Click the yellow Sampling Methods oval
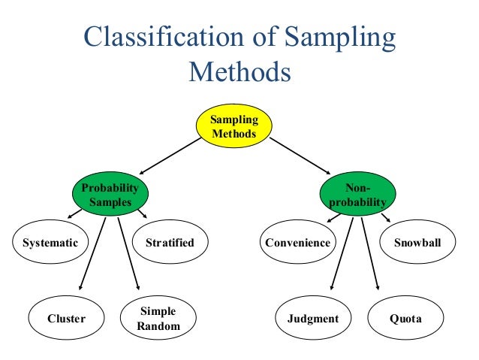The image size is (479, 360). [233, 126]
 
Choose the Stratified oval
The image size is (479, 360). [169, 243]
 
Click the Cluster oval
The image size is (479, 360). [66, 319]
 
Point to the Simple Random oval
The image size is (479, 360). [159, 319]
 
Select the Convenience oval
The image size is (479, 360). [298, 243]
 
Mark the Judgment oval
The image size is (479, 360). [313, 319]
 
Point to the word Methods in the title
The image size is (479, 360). [239, 71]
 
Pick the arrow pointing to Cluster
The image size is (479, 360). [92, 252]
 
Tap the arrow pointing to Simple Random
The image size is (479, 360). [128, 252]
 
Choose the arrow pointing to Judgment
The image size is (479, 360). [339, 252]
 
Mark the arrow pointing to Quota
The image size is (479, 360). [369, 252]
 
